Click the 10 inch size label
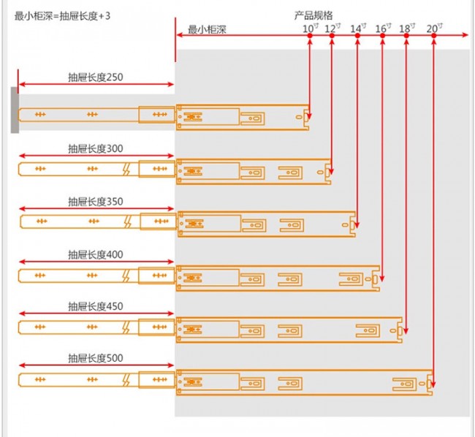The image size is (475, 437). [x=311, y=28]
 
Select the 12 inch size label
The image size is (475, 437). [x=332, y=28]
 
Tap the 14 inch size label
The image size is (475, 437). [x=358, y=28]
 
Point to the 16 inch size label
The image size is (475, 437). [x=383, y=28]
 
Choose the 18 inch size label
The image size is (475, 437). [x=407, y=28]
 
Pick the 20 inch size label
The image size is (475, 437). [x=435, y=28]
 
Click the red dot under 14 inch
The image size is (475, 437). [x=357, y=36]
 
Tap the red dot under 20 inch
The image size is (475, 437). [x=434, y=36]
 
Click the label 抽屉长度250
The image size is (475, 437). [x=96, y=77]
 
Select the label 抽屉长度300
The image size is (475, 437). [x=96, y=148]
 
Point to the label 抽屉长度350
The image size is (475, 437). [x=96, y=202]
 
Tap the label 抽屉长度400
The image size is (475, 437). [x=96, y=255]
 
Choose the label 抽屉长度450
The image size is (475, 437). [x=96, y=306]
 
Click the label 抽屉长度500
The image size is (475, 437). [x=96, y=358]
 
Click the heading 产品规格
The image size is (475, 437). [x=313, y=15]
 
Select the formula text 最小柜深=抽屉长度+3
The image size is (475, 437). [x=62, y=16]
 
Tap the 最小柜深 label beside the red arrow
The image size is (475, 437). [x=208, y=29]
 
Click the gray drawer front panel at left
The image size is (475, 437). [x=15, y=110]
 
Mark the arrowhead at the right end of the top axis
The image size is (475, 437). [x=465, y=35]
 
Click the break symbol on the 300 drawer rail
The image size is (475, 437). [x=126, y=169]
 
